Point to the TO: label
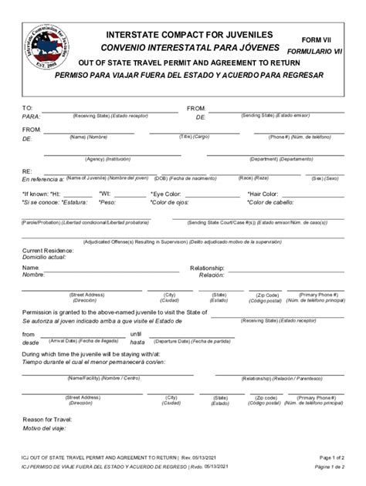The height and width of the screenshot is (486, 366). (28, 108)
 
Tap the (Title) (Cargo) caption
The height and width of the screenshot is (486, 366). (195, 137)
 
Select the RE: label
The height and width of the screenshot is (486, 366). (27, 170)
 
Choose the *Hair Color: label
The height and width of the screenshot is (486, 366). (263, 194)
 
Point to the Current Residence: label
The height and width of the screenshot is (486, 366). (47, 251)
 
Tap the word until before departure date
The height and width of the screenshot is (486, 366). (136, 333)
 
